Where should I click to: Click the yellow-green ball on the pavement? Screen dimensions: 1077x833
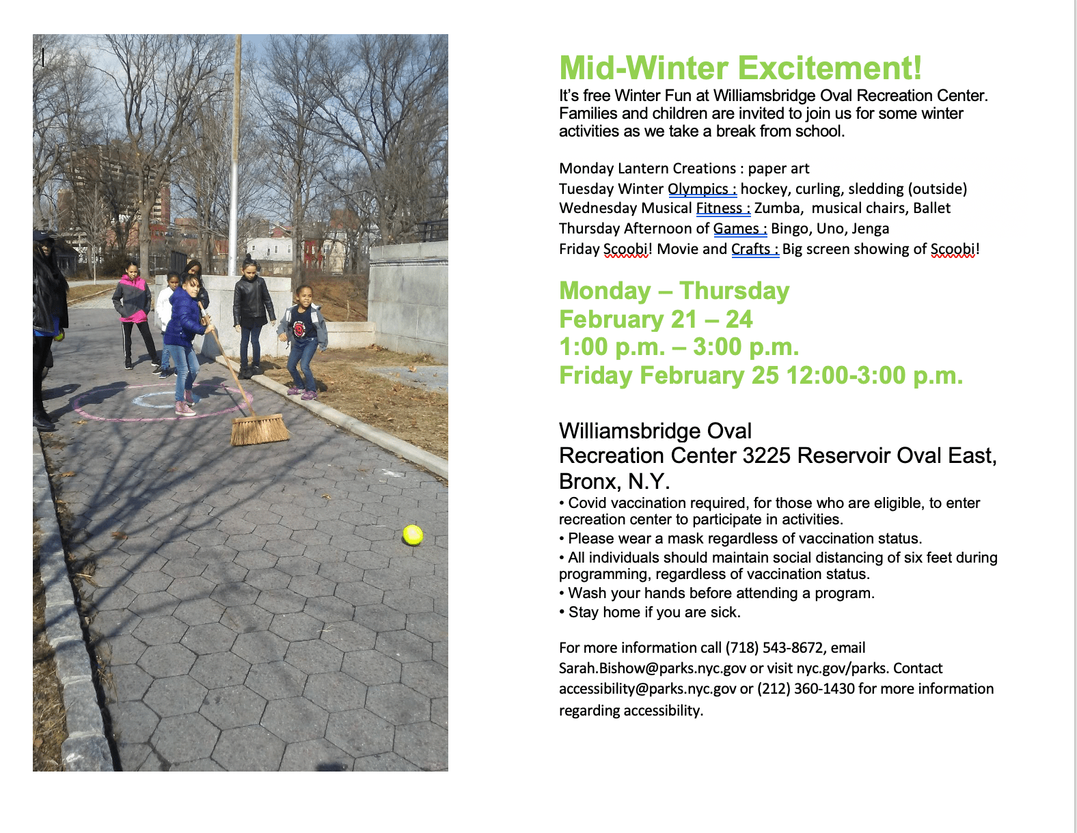click(x=412, y=535)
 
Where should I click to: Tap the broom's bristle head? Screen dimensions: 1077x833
click(x=259, y=429)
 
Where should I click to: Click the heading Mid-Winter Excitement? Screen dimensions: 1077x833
click(x=741, y=68)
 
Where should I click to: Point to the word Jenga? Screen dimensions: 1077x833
click(x=871, y=229)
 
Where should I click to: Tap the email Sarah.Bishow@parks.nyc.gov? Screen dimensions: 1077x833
click(x=652, y=668)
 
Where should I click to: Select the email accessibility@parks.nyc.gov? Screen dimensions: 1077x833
click(x=647, y=689)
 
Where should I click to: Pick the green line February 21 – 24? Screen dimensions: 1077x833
click(x=656, y=319)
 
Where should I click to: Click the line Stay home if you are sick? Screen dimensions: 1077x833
click(x=650, y=612)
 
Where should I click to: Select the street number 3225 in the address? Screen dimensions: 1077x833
click(x=766, y=455)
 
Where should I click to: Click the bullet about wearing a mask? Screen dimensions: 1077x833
click(x=741, y=538)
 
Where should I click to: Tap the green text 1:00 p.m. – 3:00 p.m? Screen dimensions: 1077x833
click(x=679, y=346)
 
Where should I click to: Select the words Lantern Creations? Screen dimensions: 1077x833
click(x=677, y=168)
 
